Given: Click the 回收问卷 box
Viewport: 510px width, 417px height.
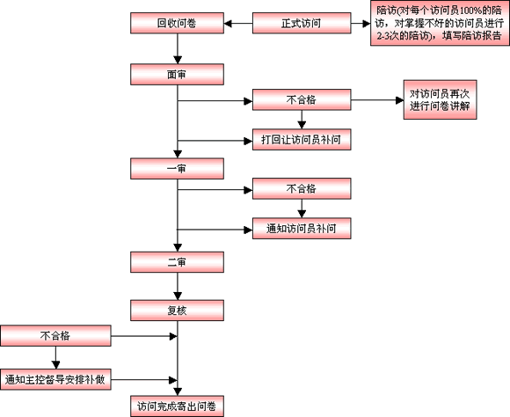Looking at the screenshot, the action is point(178,23).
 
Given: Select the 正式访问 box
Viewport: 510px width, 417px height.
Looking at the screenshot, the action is point(302,23).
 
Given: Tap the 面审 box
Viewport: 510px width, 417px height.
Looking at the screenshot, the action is point(178,75).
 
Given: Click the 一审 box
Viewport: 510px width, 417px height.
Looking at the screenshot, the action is point(178,169).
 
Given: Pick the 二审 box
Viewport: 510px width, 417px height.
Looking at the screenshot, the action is point(178,262).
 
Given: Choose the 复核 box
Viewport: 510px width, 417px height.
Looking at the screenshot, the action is point(178,311).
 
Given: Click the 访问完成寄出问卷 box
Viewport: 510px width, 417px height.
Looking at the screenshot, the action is point(178,406).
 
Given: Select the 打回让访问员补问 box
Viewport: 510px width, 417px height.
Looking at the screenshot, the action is point(302,140).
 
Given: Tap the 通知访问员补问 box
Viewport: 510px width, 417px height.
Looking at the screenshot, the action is point(302,229).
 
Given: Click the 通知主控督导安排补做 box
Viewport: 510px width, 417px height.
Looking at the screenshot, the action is point(55,379).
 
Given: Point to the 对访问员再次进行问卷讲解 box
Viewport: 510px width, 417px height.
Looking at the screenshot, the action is point(440,99).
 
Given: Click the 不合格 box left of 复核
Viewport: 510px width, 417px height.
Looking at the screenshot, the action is point(55,335).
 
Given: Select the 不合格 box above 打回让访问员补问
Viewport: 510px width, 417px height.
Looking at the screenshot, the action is point(302,99).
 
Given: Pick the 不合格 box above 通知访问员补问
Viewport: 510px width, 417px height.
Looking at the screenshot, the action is point(302,188).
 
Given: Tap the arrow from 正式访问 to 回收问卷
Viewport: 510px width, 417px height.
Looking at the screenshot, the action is point(238,24).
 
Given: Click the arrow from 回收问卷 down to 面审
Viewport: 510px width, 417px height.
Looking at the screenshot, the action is point(178,49).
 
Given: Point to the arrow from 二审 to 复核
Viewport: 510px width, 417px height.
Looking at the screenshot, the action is point(178,287).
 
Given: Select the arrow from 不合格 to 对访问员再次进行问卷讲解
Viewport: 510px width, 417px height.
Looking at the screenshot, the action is point(377,100).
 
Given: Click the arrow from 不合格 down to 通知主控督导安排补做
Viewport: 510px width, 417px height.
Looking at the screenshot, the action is point(56,357).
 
